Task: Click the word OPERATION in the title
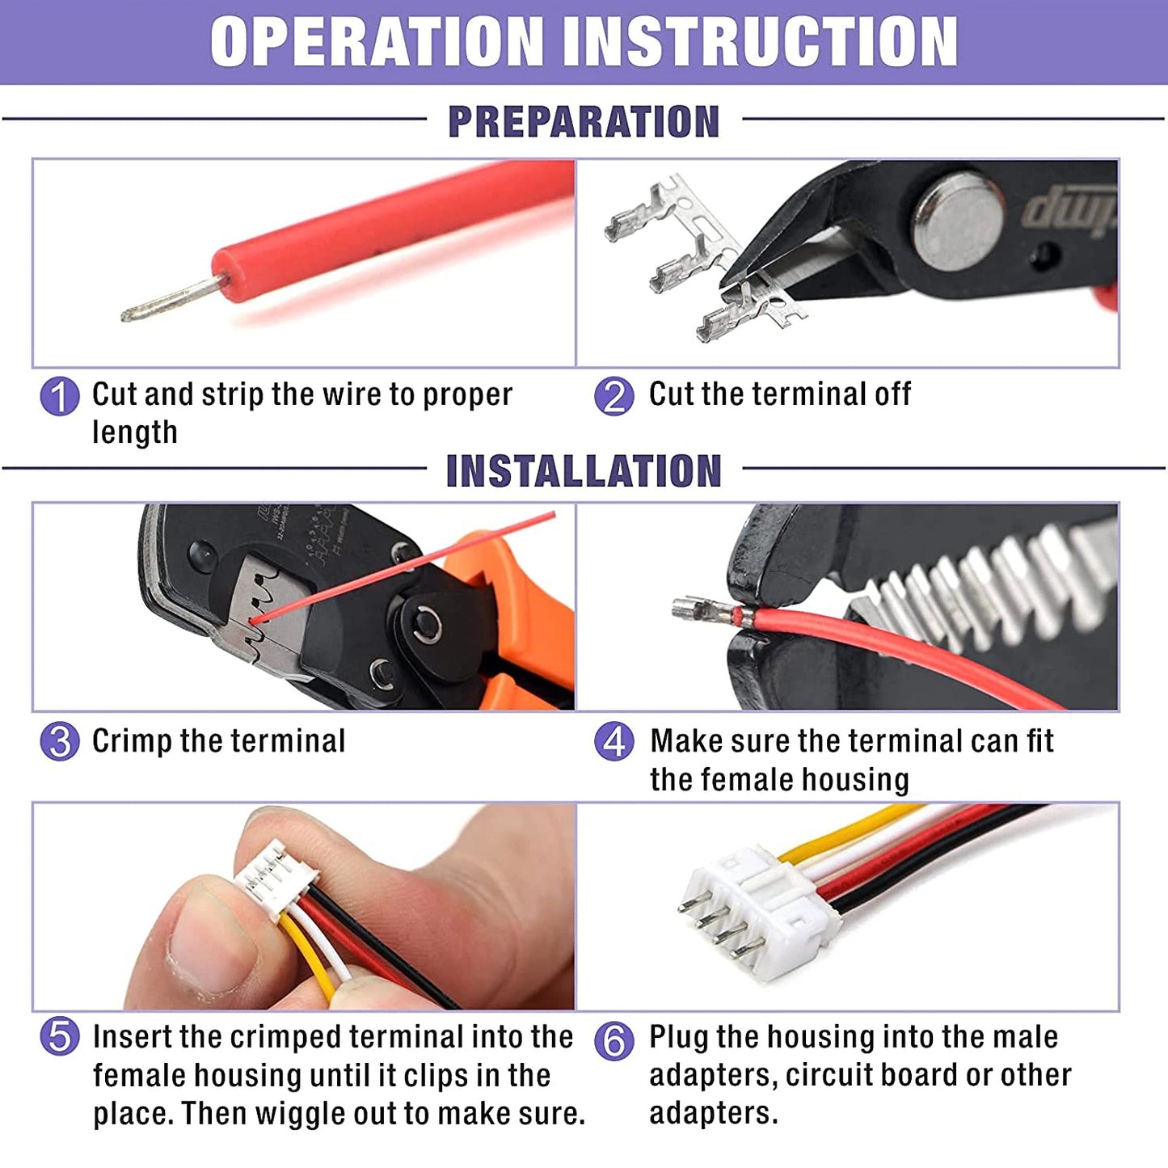point(377,41)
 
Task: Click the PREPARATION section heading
point(584,121)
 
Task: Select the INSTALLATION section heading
point(584,471)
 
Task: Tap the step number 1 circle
point(59,396)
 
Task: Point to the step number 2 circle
point(614,396)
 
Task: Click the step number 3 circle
point(59,741)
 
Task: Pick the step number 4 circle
point(614,741)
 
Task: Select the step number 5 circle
point(59,1037)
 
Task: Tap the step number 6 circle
point(614,1042)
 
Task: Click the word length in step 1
point(134,432)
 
